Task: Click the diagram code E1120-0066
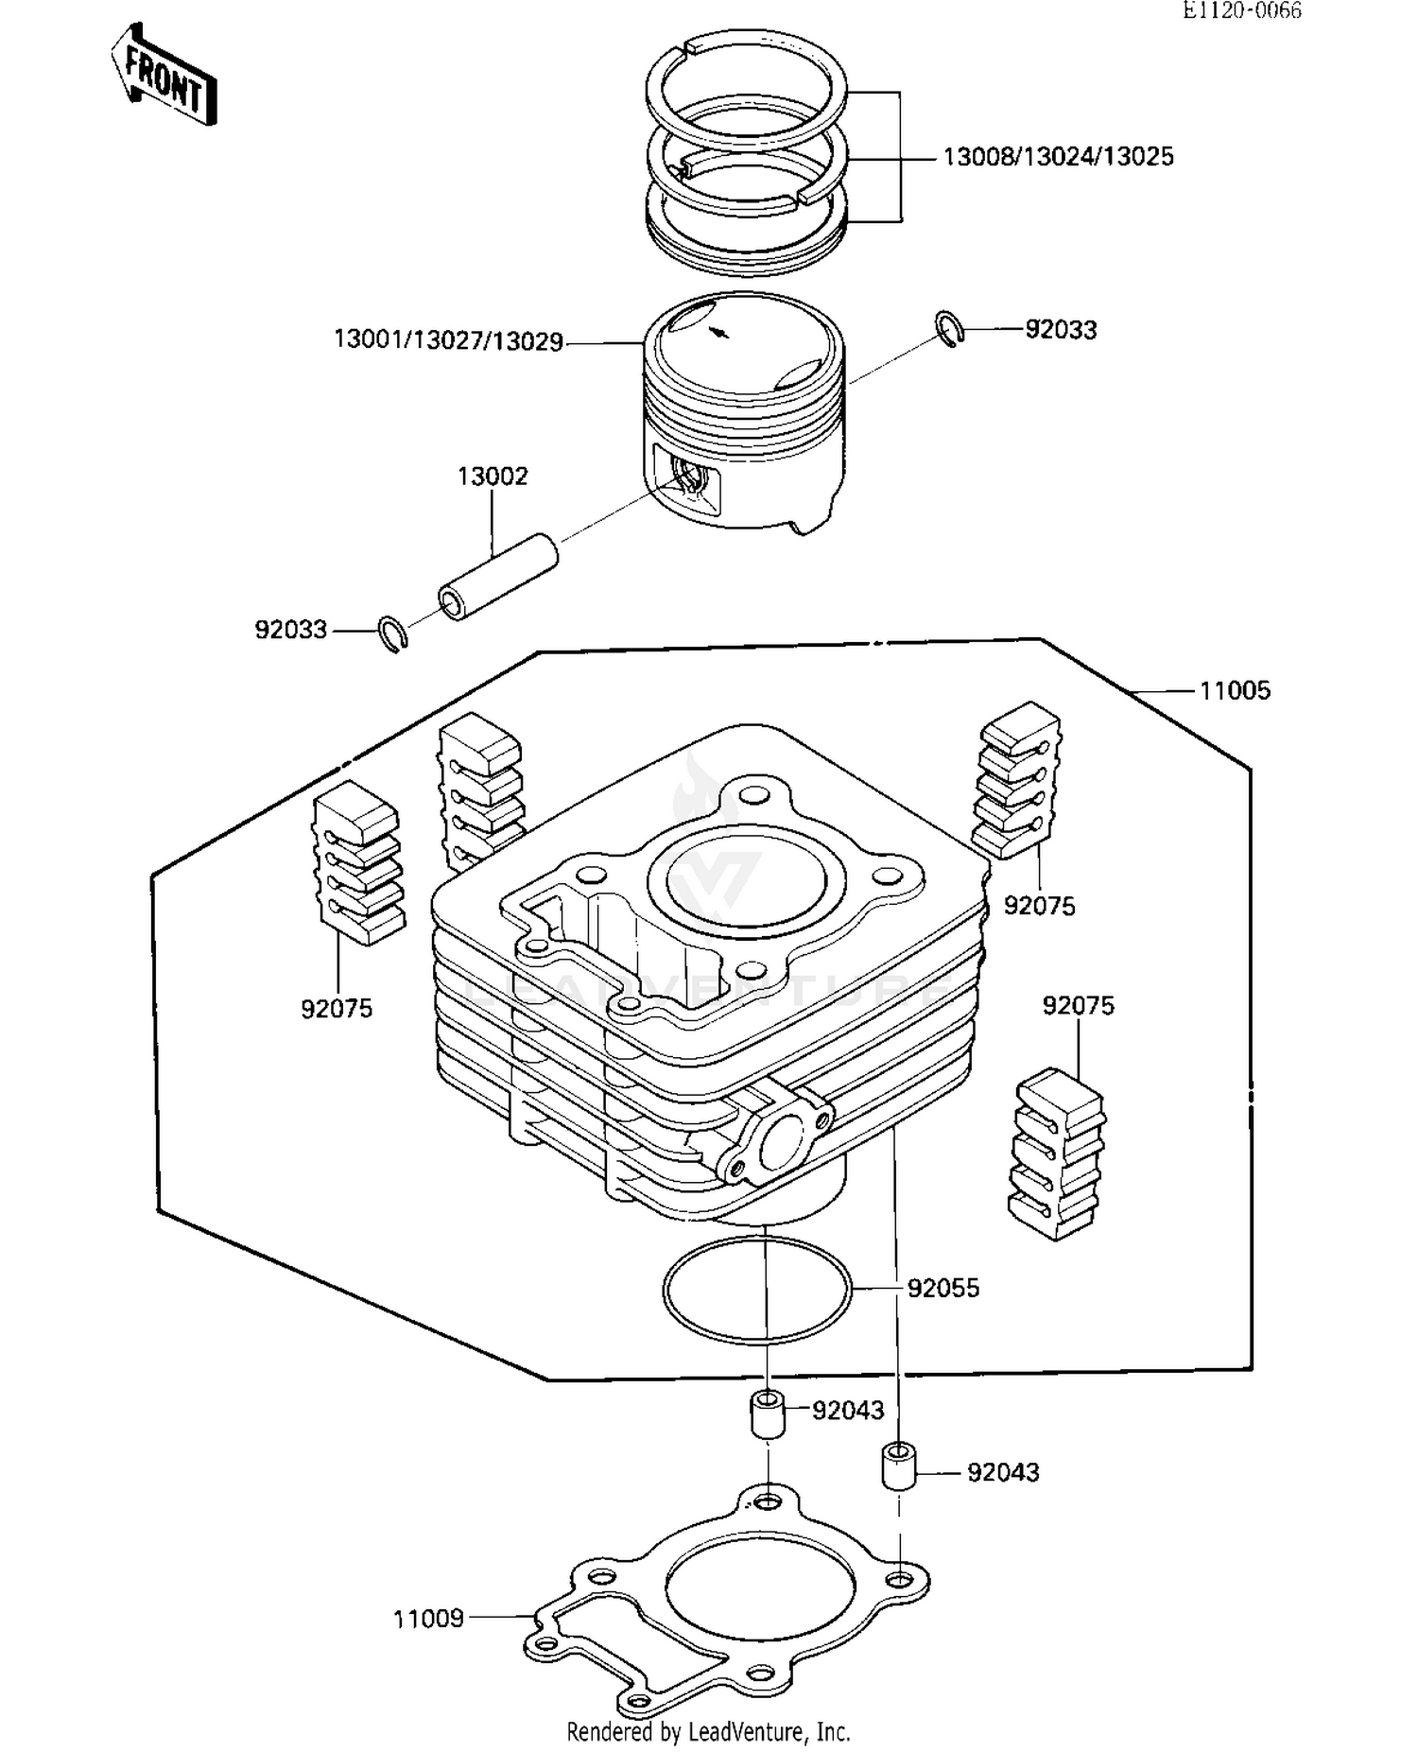click(1240, 10)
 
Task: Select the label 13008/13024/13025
click(1058, 157)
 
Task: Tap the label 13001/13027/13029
click(448, 340)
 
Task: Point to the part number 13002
click(493, 477)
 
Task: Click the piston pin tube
click(498, 578)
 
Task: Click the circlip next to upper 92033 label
click(950, 328)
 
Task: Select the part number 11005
click(1235, 691)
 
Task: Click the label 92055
click(942, 1289)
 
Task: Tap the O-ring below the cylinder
click(756, 1290)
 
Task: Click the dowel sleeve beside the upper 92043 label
click(769, 1414)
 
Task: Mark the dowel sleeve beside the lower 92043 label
click(899, 1466)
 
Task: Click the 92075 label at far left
click(337, 1009)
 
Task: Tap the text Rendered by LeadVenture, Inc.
click(708, 1732)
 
